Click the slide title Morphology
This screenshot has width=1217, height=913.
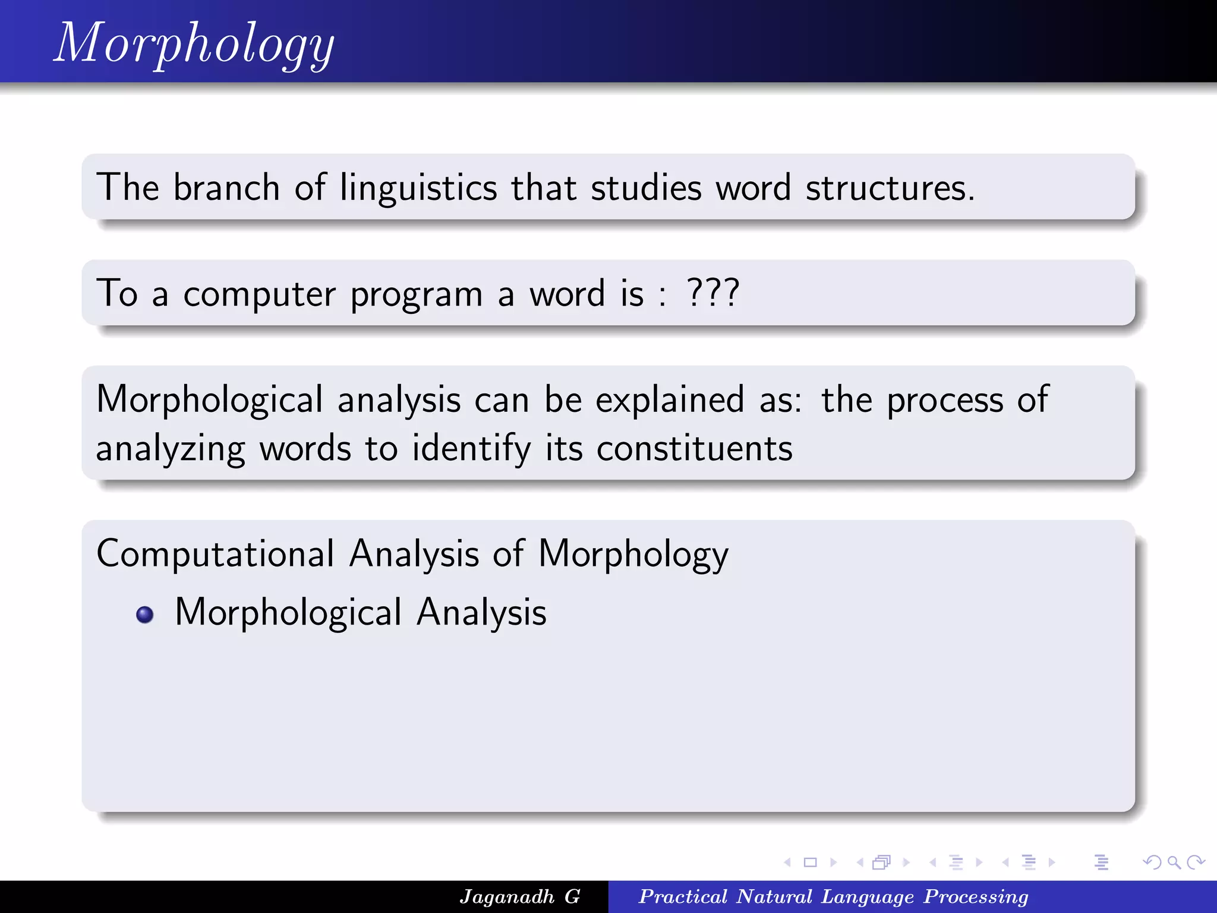point(194,43)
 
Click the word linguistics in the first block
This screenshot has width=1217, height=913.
point(418,188)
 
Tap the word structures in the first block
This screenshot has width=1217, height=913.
point(890,188)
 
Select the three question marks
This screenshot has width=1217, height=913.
point(712,292)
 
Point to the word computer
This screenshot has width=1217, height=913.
point(259,294)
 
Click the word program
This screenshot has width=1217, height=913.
point(416,295)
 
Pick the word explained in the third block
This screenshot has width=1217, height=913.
point(670,399)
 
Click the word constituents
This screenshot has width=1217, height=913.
point(694,448)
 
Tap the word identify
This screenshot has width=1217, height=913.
point(471,448)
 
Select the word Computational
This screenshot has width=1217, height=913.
point(216,554)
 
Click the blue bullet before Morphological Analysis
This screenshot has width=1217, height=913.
point(144,614)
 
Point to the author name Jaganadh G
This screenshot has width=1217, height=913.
point(519,896)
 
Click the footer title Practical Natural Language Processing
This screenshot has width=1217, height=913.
point(833,896)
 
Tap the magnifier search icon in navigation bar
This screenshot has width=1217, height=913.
point(1174,862)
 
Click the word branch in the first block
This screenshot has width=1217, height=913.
point(226,188)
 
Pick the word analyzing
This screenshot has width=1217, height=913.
point(171,449)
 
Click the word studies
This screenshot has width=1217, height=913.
point(646,188)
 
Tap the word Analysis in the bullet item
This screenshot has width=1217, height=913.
point(481,613)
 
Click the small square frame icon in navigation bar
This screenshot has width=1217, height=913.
point(810,862)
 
